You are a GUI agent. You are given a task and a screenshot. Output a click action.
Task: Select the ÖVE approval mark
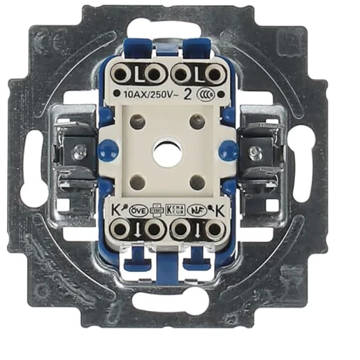click(138, 208)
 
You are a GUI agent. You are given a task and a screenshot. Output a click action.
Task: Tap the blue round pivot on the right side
click(228, 148)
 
